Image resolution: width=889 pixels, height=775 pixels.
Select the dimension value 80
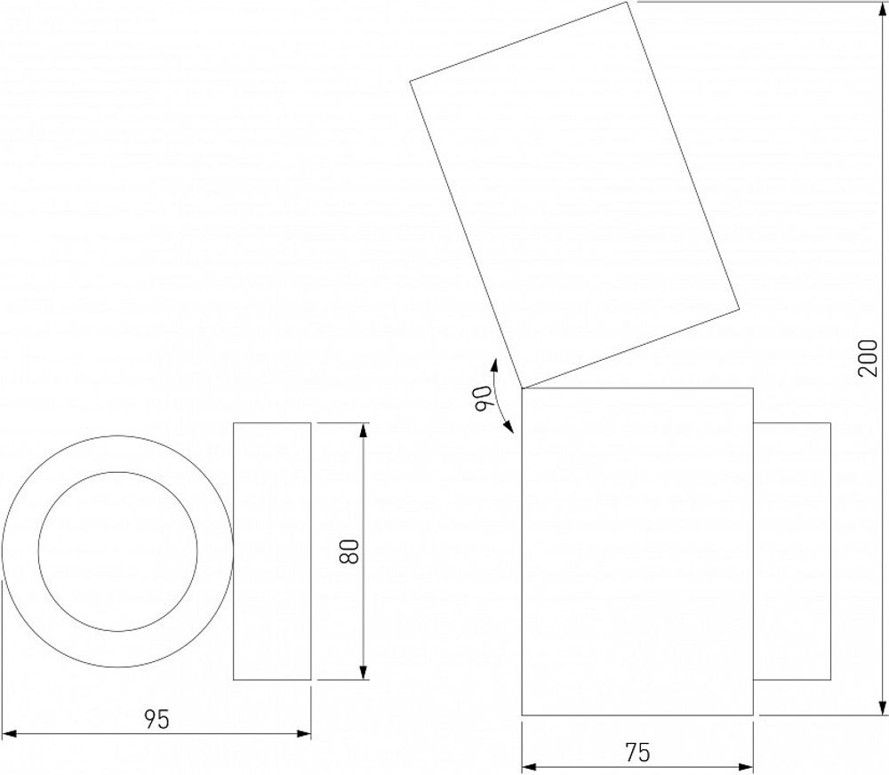(x=349, y=551)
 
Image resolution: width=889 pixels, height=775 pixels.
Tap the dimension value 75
(x=637, y=753)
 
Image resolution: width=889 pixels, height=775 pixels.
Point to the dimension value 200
(x=869, y=357)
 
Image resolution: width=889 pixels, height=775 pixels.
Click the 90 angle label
(x=485, y=396)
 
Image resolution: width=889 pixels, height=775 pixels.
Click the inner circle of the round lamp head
(x=117, y=551)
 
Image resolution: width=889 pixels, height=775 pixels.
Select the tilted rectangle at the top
(x=574, y=196)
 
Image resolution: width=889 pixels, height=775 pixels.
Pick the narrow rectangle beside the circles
(x=272, y=551)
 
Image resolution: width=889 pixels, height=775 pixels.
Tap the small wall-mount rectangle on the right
(x=792, y=551)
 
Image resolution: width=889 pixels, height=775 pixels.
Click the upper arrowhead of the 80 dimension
(x=363, y=430)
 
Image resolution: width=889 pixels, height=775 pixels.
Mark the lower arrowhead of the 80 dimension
(x=363, y=673)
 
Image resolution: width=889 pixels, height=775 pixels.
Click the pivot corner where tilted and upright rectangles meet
(x=522, y=388)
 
